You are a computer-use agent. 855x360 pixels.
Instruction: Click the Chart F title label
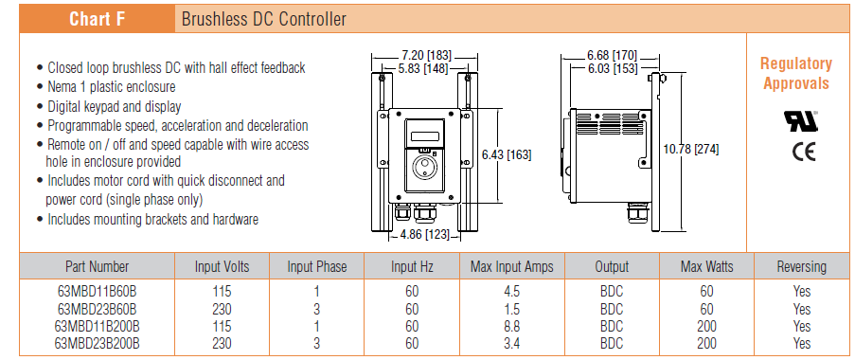(x=98, y=19)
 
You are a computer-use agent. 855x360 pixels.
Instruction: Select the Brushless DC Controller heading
(x=264, y=20)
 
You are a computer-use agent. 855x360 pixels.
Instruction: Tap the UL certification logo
(x=800, y=120)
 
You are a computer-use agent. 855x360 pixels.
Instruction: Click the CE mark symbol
(x=804, y=151)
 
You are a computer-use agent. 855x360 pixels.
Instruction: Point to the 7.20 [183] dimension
(x=426, y=56)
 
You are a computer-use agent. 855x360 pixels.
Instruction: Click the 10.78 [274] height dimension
(x=691, y=149)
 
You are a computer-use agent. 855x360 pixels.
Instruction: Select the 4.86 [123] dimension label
(x=425, y=235)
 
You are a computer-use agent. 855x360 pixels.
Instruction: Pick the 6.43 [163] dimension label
(x=506, y=155)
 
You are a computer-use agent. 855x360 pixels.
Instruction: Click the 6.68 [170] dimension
(x=612, y=56)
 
